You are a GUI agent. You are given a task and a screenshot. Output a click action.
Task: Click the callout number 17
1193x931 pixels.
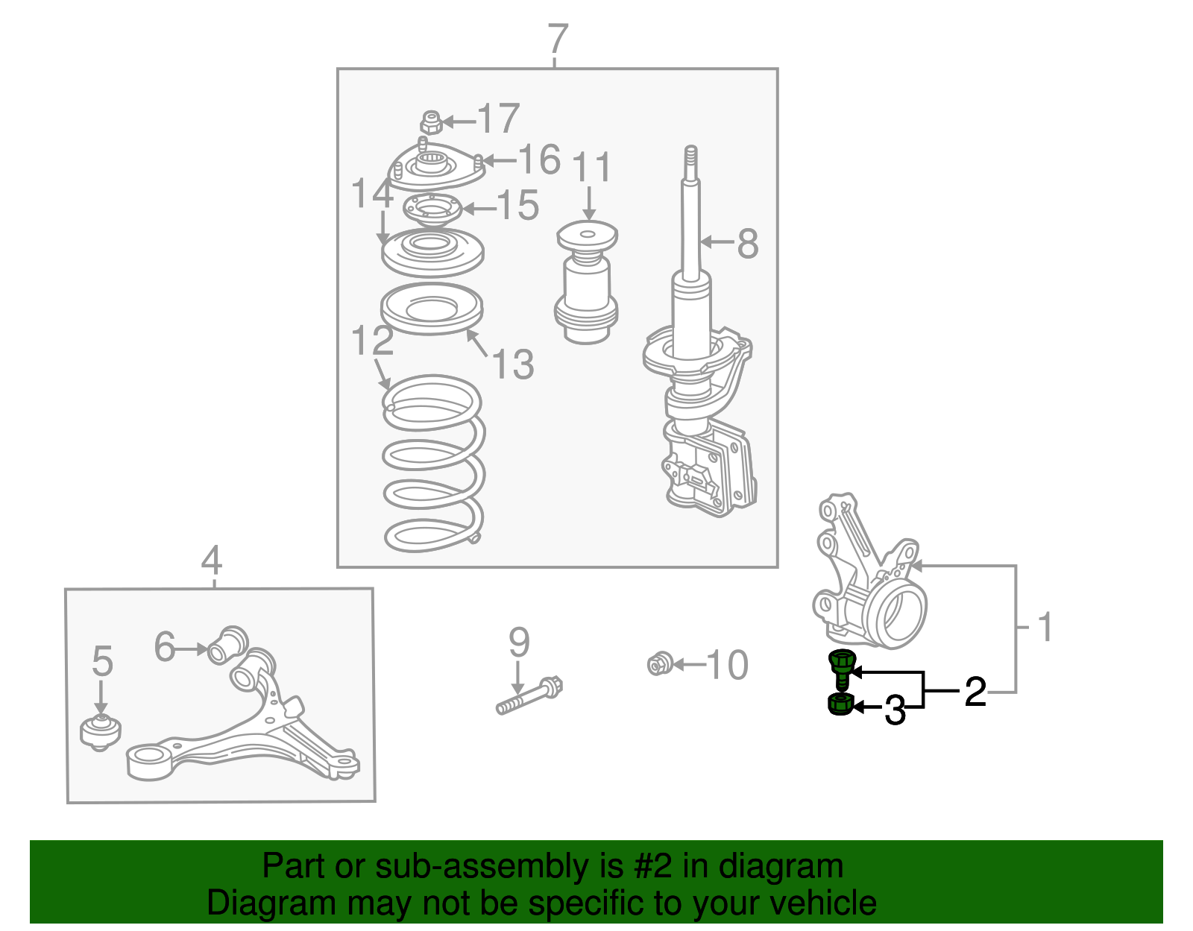click(499, 118)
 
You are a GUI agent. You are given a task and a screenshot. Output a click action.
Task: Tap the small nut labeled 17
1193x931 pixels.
click(431, 123)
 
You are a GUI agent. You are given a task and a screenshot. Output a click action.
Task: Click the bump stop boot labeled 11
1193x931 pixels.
click(586, 282)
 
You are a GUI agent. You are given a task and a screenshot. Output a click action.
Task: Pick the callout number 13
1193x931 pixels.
click(514, 364)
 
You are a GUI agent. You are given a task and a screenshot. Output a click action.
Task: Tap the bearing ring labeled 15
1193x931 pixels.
click(432, 209)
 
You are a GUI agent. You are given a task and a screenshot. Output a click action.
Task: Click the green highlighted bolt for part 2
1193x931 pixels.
click(842, 669)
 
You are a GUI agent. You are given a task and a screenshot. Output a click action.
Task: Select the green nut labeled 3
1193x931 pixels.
click(840, 704)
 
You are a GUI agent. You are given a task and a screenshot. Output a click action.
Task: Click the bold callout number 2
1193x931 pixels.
click(975, 692)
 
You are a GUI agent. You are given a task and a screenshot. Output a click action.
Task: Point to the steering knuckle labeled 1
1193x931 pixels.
click(869, 570)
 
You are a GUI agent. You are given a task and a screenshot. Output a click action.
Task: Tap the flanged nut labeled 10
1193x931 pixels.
click(660, 664)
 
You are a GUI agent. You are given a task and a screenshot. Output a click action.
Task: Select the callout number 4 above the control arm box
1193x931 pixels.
click(212, 560)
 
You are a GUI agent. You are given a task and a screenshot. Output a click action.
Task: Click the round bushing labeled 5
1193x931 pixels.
click(101, 732)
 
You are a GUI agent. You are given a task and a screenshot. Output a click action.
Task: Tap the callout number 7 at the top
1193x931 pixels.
click(558, 39)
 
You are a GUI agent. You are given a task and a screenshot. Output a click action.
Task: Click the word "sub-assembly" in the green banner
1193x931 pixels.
click(499, 866)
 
